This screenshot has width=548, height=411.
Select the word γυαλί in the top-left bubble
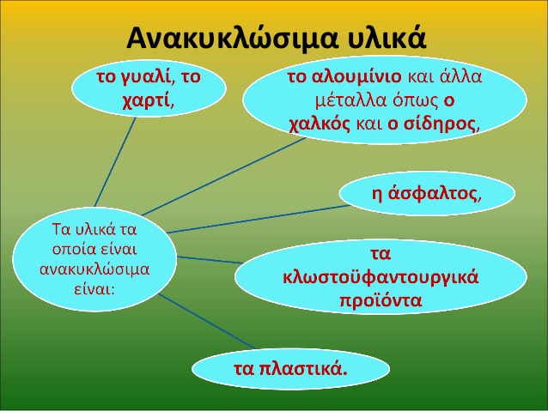click(x=147, y=78)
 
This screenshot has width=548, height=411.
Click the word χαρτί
click(x=146, y=101)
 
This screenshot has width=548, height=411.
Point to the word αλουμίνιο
click(x=356, y=76)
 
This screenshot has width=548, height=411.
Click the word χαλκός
click(x=320, y=124)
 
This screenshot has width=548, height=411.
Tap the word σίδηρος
click(x=440, y=124)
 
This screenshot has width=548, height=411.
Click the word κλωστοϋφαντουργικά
click(x=381, y=277)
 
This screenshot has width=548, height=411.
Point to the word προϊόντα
click(x=381, y=300)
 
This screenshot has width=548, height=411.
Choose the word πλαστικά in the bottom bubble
click(x=304, y=369)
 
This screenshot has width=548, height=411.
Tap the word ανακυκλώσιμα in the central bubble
click(x=94, y=269)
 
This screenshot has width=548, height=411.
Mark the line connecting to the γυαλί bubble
click(x=115, y=162)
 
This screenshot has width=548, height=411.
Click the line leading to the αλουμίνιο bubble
click(x=224, y=177)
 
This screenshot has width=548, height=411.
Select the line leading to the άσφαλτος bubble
click(x=259, y=219)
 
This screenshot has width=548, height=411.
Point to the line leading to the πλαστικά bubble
click(x=207, y=321)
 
